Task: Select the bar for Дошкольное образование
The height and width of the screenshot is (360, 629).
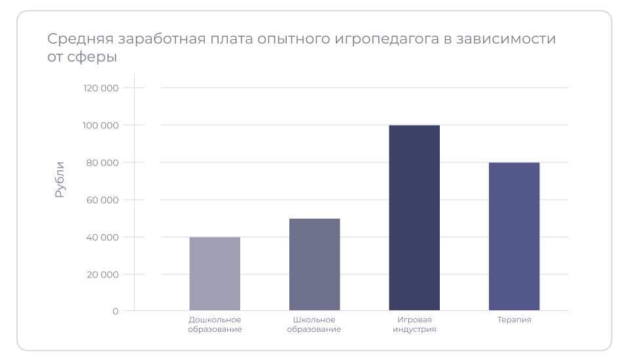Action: coord(215,274)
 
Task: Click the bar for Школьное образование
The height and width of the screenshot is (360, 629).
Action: coord(314,264)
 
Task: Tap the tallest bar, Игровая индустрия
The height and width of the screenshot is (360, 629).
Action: coord(414,217)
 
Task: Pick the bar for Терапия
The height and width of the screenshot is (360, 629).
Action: coord(514,236)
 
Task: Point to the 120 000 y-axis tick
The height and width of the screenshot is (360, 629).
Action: coord(101,88)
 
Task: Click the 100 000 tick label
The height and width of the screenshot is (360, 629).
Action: coord(101,125)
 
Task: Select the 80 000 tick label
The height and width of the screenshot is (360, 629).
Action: coord(102,162)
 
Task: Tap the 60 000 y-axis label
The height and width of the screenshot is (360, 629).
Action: coord(102,200)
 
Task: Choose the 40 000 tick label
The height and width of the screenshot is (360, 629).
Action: coord(102,237)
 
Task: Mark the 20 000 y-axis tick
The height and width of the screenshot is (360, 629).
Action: coord(102,274)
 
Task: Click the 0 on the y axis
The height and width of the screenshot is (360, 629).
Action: coord(115,312)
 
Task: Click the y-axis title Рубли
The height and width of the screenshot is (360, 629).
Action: coord(60,179)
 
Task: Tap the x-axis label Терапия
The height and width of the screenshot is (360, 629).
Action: coord(514,320)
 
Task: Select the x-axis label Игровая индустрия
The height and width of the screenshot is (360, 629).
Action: coord(414,325)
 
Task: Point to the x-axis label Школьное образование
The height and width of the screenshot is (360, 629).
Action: coord(314,325)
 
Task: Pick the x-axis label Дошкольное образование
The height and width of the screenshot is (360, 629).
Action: coord(215,325)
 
